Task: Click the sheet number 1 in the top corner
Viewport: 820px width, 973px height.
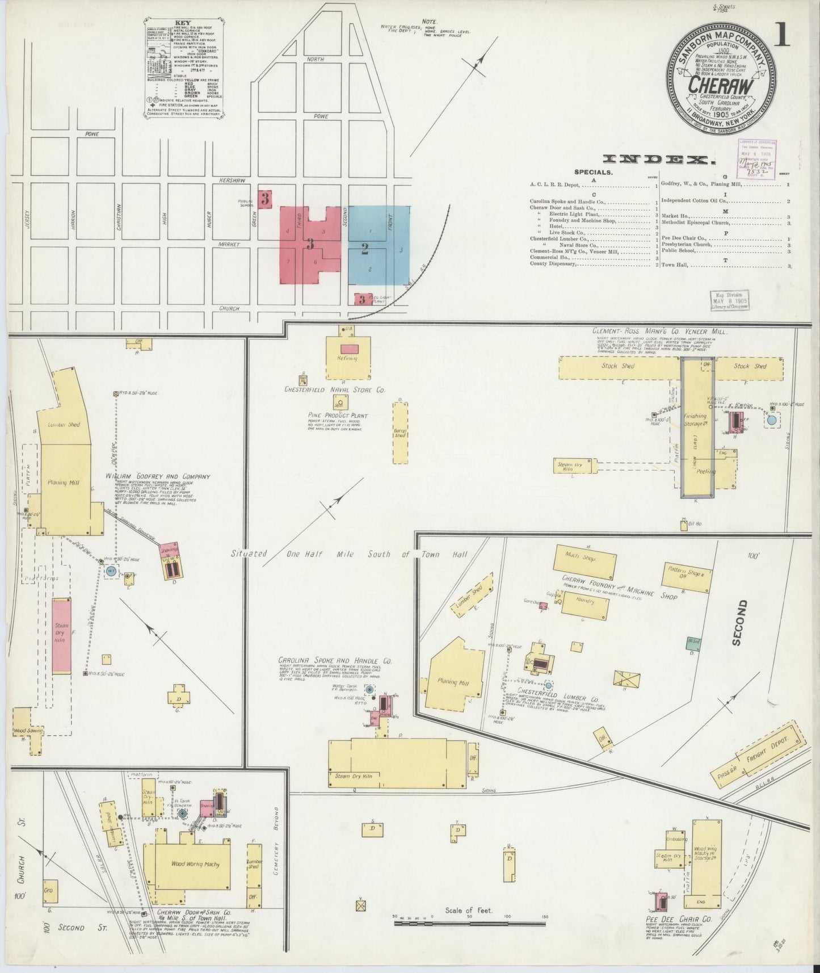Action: point(783,36)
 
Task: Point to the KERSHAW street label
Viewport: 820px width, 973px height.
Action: point(233,180)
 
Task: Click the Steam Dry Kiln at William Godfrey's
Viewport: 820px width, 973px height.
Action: point(61,636)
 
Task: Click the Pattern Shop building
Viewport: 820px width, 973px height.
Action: point(686,577)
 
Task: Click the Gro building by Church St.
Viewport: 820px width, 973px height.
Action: point(49,891)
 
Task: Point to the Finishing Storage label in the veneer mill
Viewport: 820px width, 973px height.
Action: point(695,420)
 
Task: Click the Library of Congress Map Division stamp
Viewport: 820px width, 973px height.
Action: point(729,300)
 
